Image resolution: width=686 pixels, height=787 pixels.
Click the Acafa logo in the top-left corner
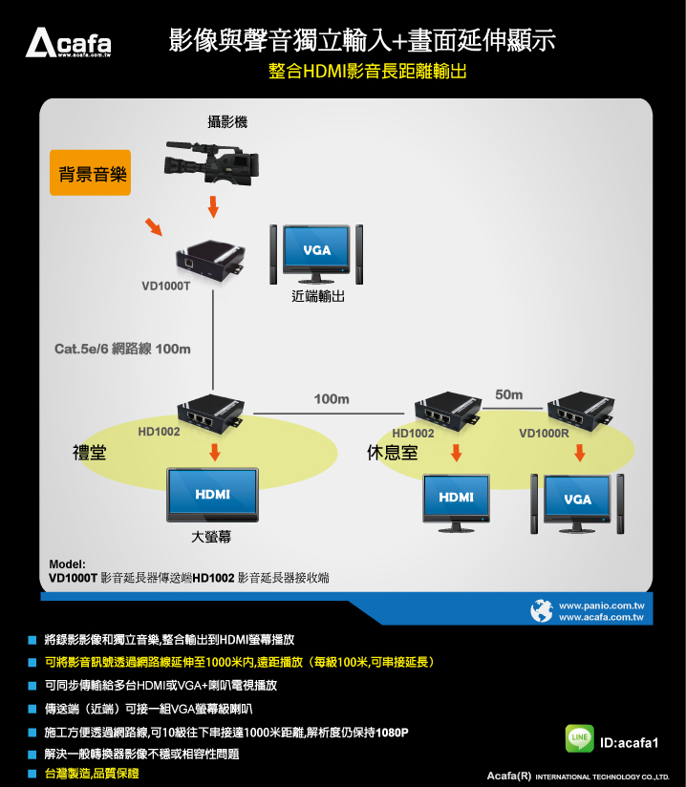point(68,43)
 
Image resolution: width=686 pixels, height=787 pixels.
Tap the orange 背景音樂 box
point(90,175)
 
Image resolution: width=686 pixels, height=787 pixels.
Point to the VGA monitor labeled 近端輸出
point(316,254)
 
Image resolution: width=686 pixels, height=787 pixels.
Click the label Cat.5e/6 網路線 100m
point(122,349)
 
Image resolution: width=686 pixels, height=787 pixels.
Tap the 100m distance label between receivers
point(332,397)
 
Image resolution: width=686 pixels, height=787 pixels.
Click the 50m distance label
point(509,394)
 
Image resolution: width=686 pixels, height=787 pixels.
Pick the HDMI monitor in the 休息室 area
point(456,501)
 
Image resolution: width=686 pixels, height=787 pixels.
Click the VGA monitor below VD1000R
point(578,501)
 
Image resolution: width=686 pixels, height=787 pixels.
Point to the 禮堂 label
point(89,453)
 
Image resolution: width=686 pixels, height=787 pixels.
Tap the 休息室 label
point(392,453)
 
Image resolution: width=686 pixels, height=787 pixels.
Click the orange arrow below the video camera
point(213,205)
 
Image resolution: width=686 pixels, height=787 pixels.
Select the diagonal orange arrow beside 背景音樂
point(153,227)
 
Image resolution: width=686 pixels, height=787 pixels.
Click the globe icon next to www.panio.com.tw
point(542,610)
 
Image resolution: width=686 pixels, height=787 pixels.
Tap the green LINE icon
point(579,739)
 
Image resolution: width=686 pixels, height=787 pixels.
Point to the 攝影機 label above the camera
point(227,121)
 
